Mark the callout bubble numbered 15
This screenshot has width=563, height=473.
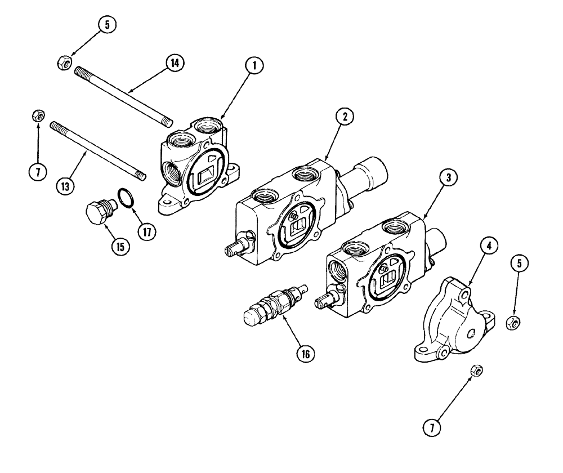pyautogui.click(x=120, y=246)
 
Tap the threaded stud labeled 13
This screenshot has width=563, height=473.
pyautogui.click(x=99, y=150)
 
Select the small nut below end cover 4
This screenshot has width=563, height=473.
pyautogui.click(x=476, y=371)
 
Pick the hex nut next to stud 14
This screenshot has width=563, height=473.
pyautogui.click(x=64, y=63)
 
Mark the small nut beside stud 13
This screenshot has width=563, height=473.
pyautogui.click(x=38, y=117)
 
